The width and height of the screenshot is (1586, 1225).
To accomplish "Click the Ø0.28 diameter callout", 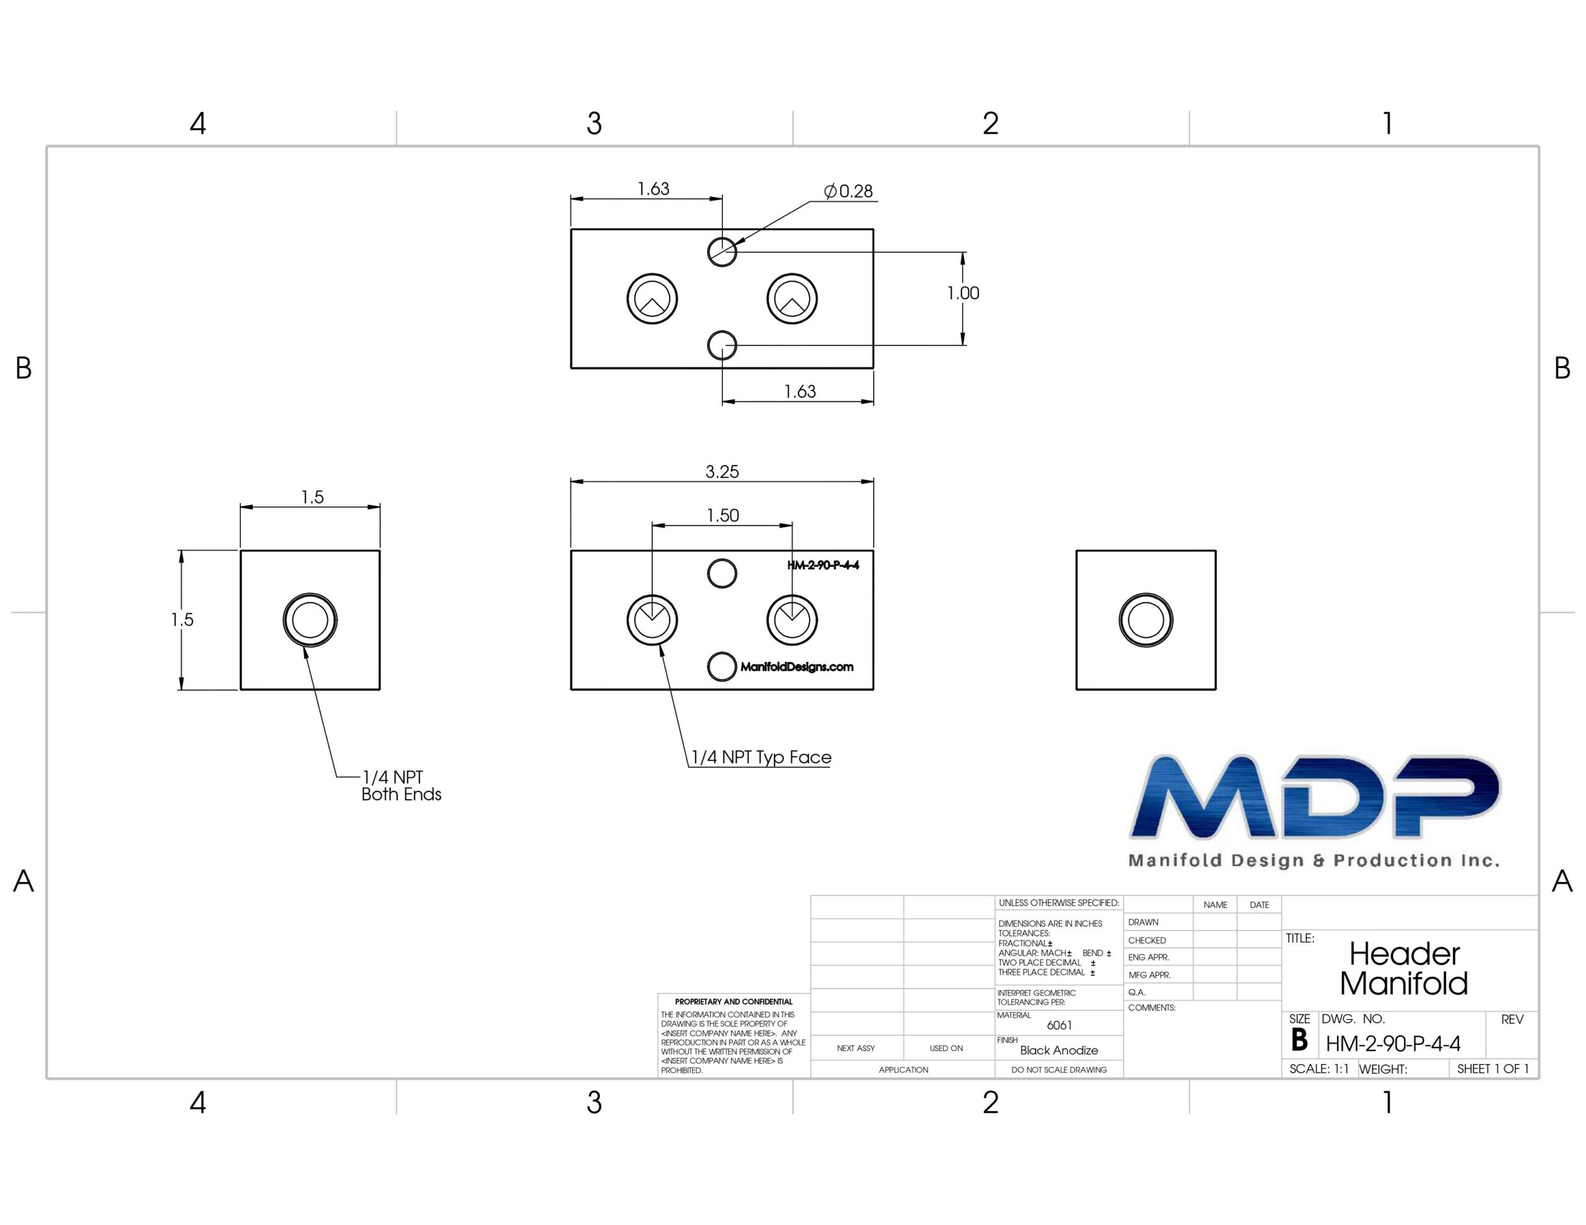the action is [x=848, y=191].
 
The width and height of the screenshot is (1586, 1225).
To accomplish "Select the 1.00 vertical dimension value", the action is [x=963, y=294].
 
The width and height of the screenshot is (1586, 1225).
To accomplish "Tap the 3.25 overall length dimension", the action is [x=722, y=472].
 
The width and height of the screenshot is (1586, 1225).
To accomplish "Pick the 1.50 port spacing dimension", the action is [x=722, y=515].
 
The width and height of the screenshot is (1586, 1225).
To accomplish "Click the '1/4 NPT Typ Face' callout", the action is [x=761, y=757].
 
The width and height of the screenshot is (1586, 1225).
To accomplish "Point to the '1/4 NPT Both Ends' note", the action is [x=401, y=786].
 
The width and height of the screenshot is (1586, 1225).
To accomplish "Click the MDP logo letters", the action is [x=1315, y=796].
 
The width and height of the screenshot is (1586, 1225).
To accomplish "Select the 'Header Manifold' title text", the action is [x=1404, y=969].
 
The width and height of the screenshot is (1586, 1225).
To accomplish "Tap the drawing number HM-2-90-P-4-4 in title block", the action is [x=1393, y=1044].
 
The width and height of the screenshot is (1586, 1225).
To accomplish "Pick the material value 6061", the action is [x=1059, y=1026].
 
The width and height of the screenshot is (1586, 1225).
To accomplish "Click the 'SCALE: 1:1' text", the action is [x=1319, y=1069].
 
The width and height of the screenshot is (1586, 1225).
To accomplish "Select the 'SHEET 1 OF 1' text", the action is [x=1493, y=1069].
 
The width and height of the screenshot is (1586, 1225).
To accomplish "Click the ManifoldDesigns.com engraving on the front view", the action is [x=797, y=666].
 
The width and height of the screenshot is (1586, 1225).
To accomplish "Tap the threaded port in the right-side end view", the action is [x=1146, y=620].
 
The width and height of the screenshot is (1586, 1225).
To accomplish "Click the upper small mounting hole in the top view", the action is [x=722, y=252].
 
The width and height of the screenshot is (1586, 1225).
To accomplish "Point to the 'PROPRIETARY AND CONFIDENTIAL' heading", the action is [x=734, y=1001].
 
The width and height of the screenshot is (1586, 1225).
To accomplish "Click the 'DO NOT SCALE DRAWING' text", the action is [x=1059, y=1070].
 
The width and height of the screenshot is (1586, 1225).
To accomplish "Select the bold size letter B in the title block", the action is [x=1299, y=1040].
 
